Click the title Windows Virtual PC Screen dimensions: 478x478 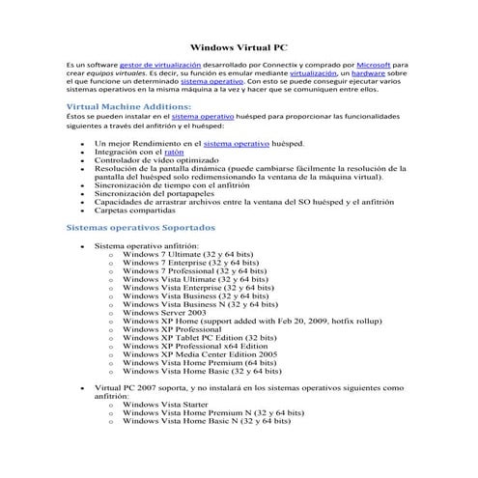[239, 44]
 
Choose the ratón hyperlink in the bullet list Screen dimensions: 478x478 [175, 152]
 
